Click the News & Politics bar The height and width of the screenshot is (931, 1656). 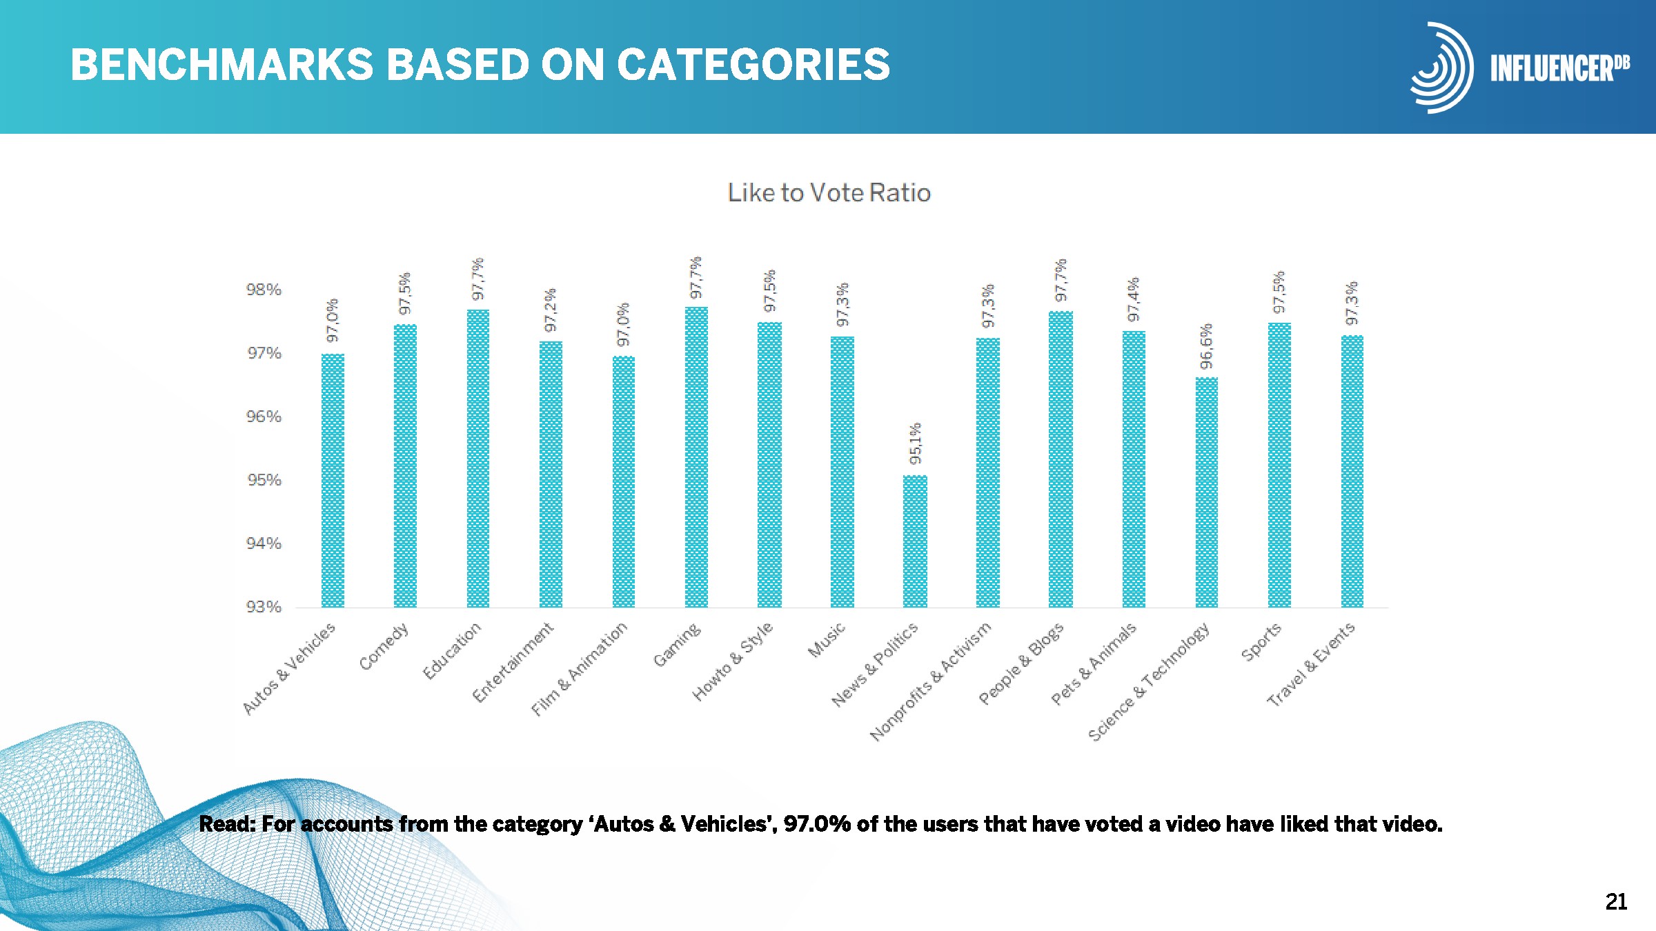click(915, 541)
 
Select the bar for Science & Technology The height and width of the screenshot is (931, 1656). click(1206, 492)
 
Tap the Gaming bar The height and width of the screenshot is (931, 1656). click(696, 457)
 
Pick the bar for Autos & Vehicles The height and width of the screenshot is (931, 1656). click(333, 481)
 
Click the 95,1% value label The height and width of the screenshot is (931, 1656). click(915, 443)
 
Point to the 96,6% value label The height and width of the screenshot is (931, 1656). click(1206, 346)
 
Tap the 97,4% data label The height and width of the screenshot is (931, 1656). click(1134, 300)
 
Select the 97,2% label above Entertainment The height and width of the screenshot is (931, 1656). click(551, 310)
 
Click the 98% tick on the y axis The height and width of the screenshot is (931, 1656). click(264, 290)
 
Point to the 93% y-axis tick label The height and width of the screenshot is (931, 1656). click(264, 607)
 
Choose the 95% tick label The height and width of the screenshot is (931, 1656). click(264, 480)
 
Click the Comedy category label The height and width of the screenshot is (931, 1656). click(384, 647)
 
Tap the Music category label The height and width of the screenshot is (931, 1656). click(827, 640)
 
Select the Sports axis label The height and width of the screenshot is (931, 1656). click(1261, 641)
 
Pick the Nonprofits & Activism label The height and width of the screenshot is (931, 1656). click(931, 681)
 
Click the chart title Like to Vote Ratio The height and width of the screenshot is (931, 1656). click(829, 192)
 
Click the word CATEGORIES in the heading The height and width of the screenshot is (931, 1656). click(753, 65)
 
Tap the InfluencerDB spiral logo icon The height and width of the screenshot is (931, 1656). click(1441, 68)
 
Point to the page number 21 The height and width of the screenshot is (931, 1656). click(1616, 901)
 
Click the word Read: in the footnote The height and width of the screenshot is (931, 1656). click(227, 823)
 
